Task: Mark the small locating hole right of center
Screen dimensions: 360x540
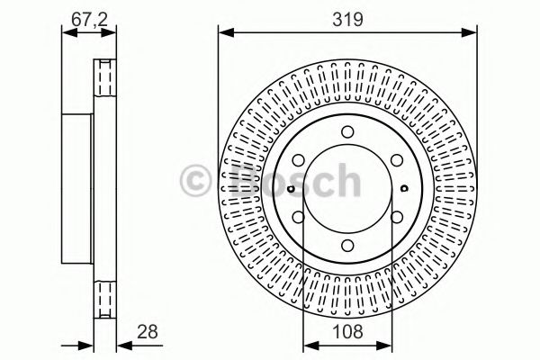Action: tap(404, 188)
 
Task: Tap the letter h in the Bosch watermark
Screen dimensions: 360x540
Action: tap(344, 180)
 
